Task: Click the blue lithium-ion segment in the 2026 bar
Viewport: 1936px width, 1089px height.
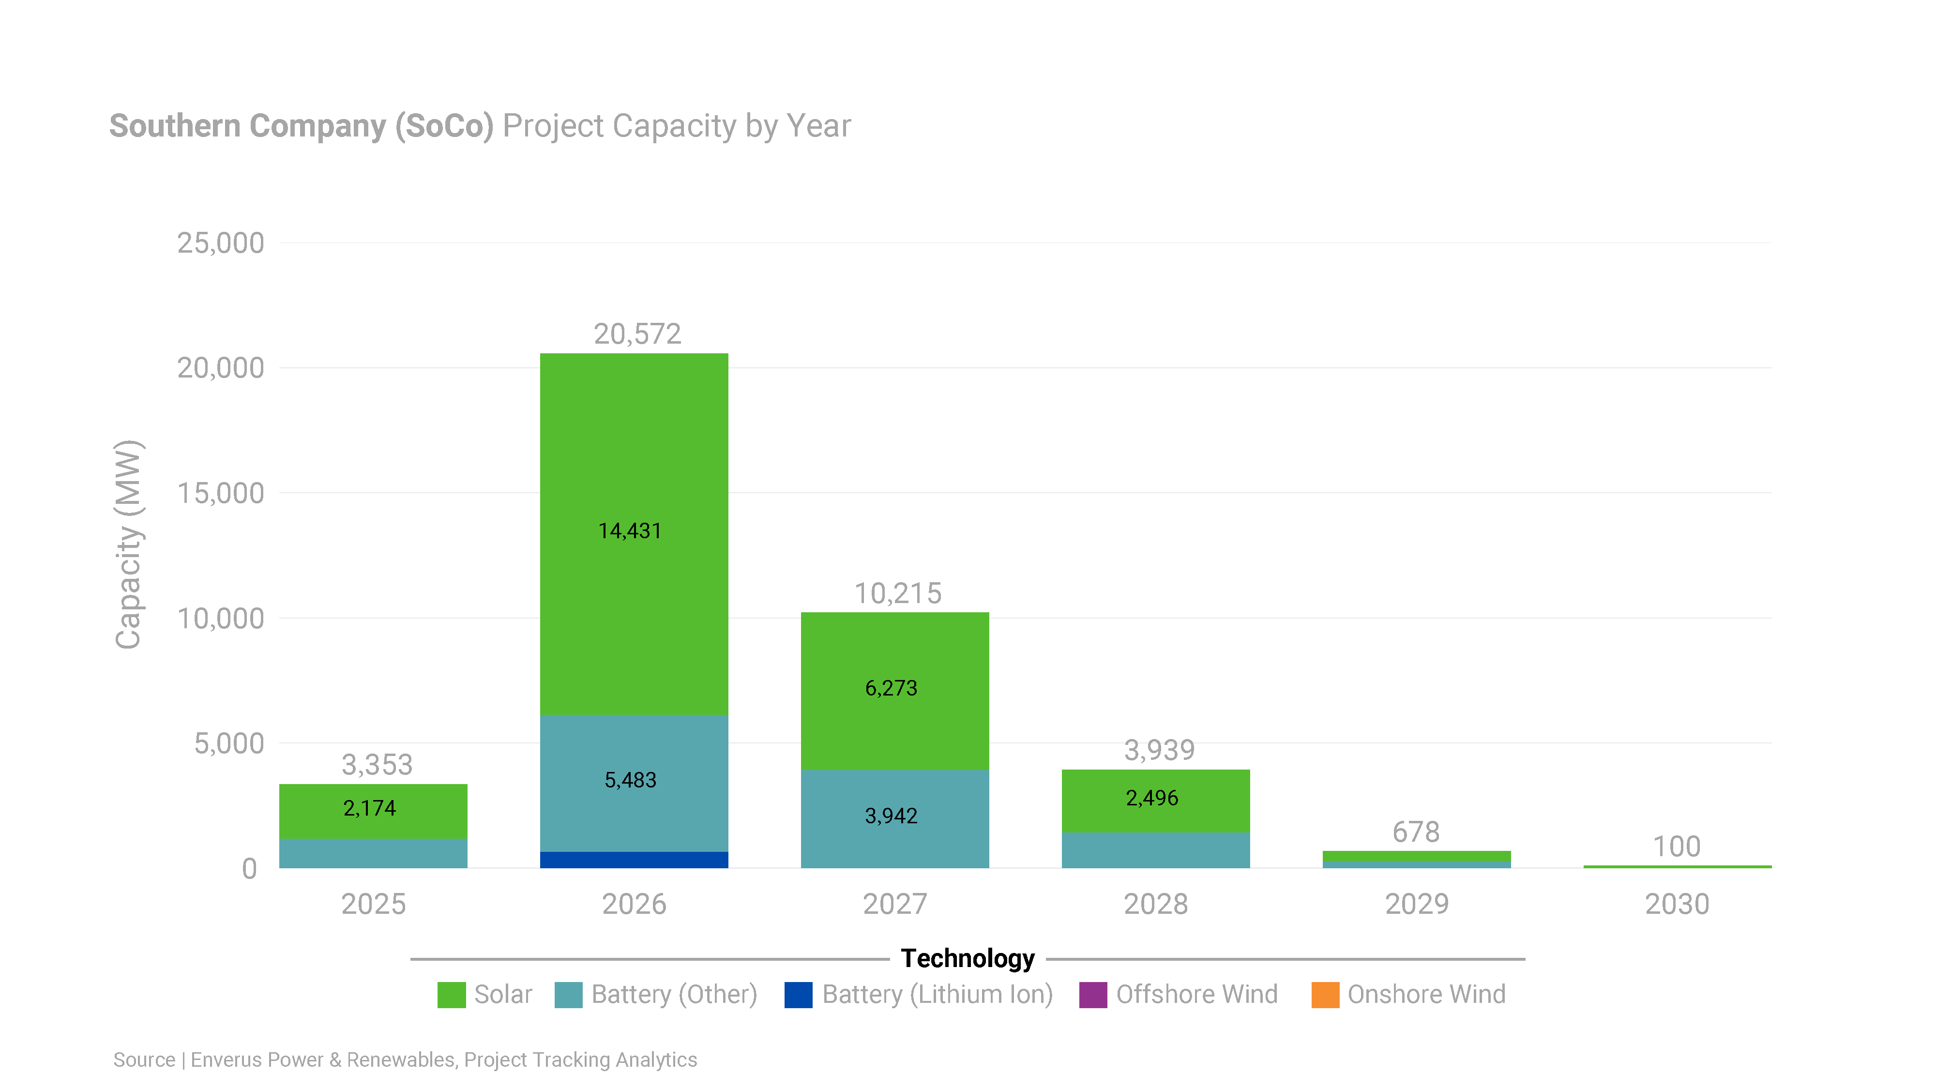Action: [x=634, y=859]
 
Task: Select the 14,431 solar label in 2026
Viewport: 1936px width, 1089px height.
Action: [x=630, y=530]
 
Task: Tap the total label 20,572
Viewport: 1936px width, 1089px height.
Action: [x=637, y=333]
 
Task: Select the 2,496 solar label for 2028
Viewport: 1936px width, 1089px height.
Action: [x=1151, y=798]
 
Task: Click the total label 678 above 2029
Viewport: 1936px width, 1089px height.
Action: [x=1416, y=832]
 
